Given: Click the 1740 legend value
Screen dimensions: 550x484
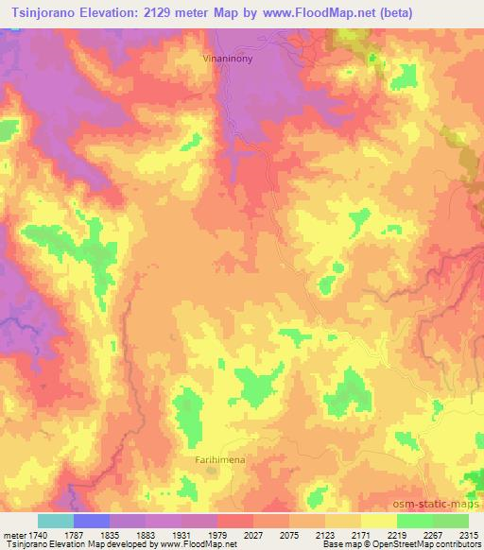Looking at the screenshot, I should [37, 534].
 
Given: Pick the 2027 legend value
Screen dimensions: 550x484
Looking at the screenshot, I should [253, 534].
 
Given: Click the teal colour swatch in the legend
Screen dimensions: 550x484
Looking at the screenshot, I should [55, 521].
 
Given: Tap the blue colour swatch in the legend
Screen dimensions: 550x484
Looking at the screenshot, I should [91, 521].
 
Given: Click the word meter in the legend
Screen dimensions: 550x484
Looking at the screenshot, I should [13, 534].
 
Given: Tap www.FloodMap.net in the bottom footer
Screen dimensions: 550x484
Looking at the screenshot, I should [197, 545].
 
